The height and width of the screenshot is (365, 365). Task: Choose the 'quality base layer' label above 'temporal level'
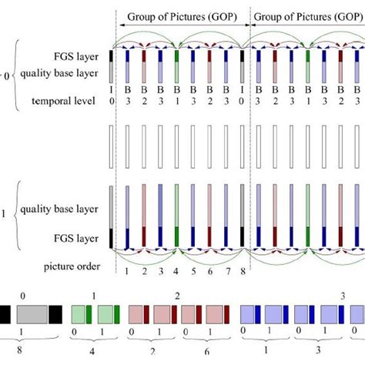tap(68, 74)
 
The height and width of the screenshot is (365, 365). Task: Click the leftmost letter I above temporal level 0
tap(112, 92)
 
